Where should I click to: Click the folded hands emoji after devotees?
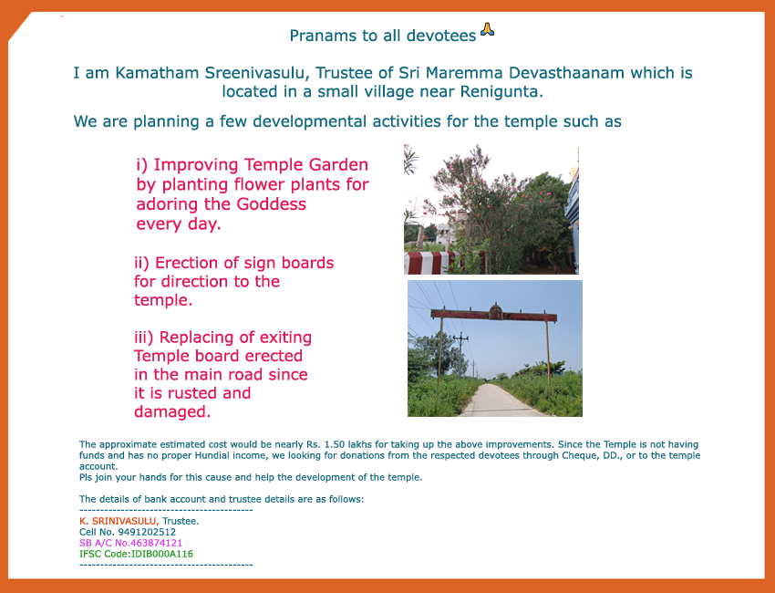pyautogui.click(x=488, y=29)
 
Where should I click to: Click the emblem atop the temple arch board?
pyautogui.click(x=495, y=312)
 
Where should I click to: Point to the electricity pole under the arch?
pyautogui.click(x=460, y=355)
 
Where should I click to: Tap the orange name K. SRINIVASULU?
pyautogui.click(x=119, y=521)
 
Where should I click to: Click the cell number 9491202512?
pyautogui.click(x=147, y=532)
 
